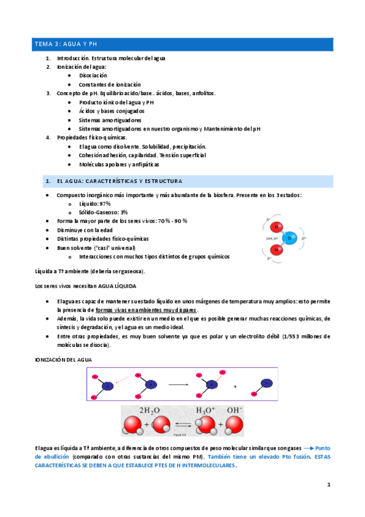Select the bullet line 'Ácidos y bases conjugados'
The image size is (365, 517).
(x=112, y=111)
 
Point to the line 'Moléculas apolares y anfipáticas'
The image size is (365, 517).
(x=119, y=165)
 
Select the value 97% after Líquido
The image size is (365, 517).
(x=103, y=203)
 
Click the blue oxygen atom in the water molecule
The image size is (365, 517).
(x=291, y=237)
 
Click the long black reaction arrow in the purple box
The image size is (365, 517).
(x=177, y=385)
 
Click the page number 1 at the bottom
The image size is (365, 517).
(x=328, y=485)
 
